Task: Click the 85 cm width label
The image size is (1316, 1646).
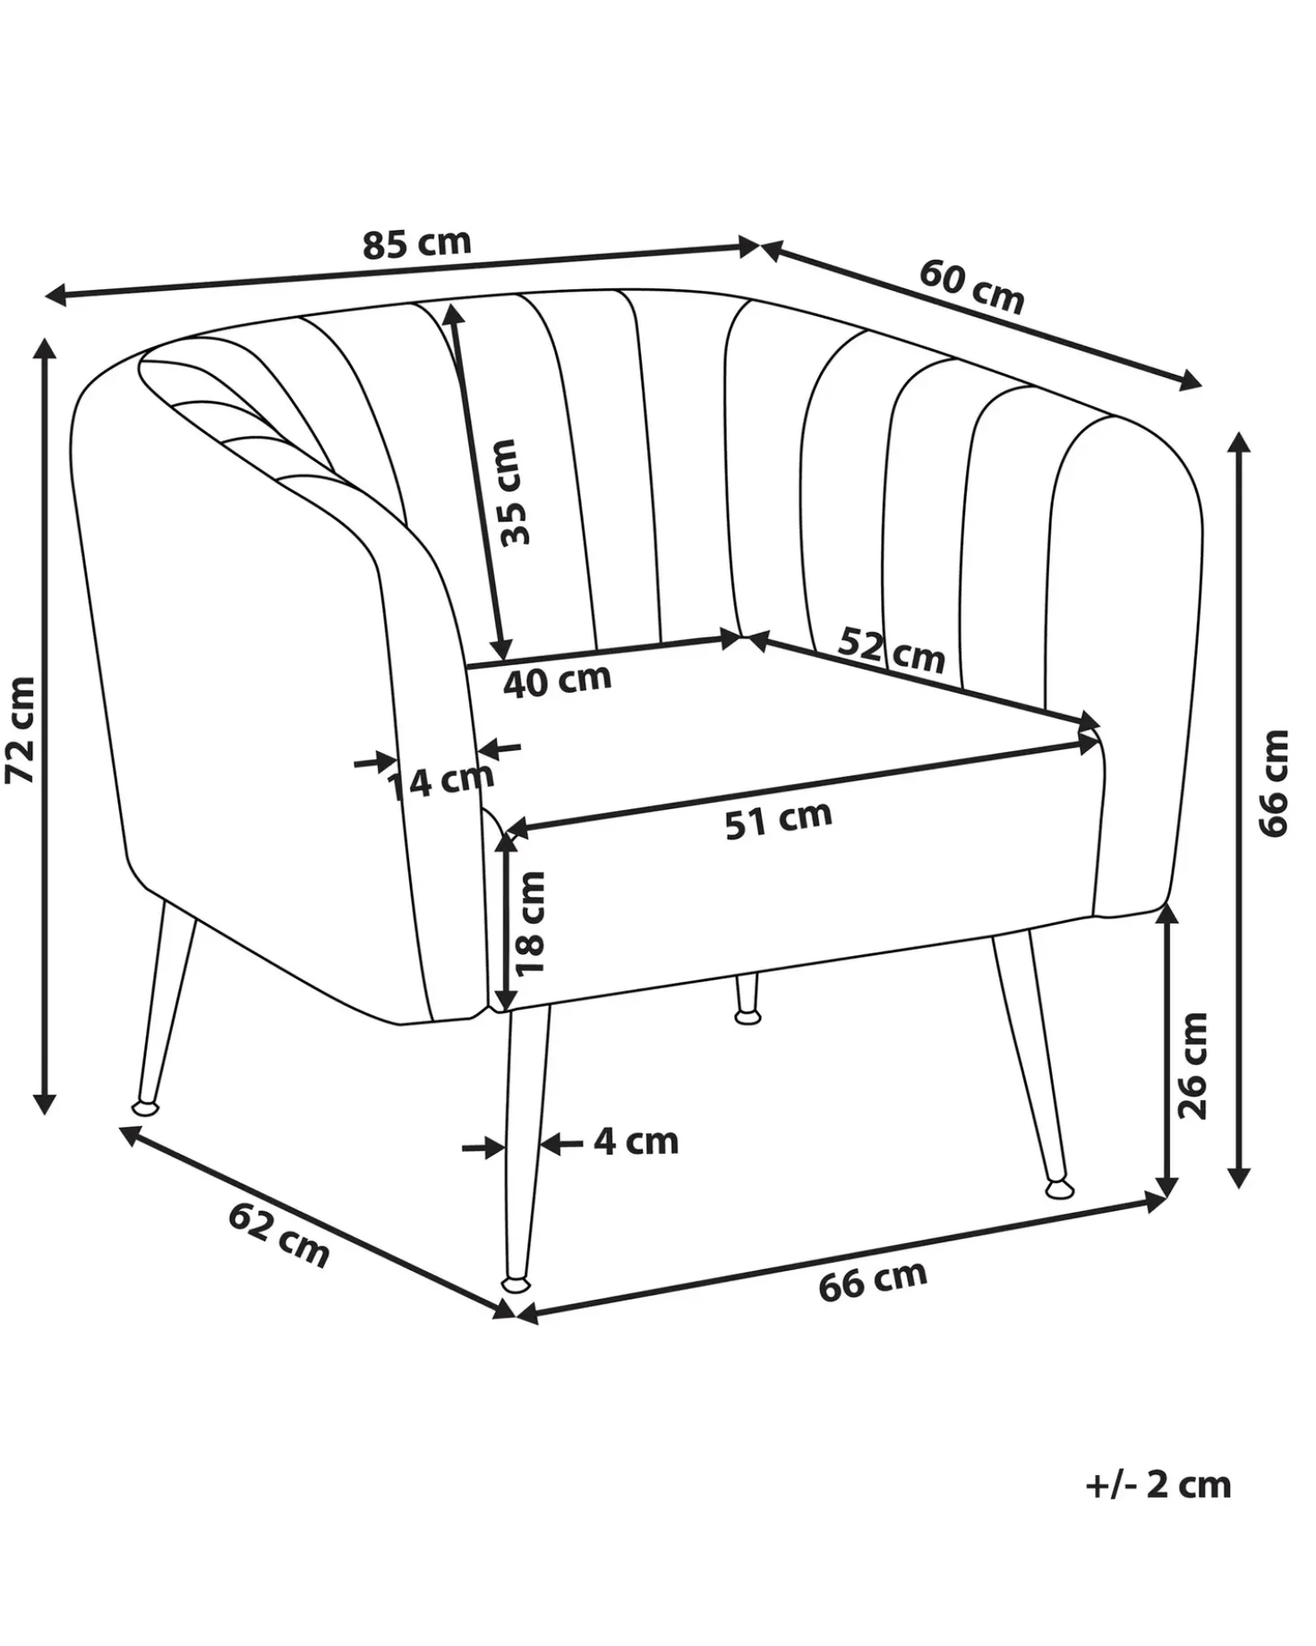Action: [416, 243]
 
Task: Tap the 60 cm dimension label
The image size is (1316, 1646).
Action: [971, 286]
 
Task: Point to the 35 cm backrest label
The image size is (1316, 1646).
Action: [516, 491]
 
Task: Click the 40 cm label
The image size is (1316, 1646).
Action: [557, 680]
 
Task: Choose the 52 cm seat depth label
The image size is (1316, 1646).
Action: [892, 651]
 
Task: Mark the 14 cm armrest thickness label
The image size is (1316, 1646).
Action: [440, 781]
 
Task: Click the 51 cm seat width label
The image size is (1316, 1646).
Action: [778, 818]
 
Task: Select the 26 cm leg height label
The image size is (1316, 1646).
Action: [1192, 1065]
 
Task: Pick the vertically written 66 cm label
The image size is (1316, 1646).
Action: [1274, 783]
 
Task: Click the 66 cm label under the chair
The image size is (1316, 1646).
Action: [873, 1281]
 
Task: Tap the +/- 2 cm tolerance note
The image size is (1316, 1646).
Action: [1158, 1484]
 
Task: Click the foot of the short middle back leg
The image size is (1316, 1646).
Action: [748, 1016]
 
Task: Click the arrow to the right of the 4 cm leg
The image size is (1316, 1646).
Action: [560, 1143]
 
